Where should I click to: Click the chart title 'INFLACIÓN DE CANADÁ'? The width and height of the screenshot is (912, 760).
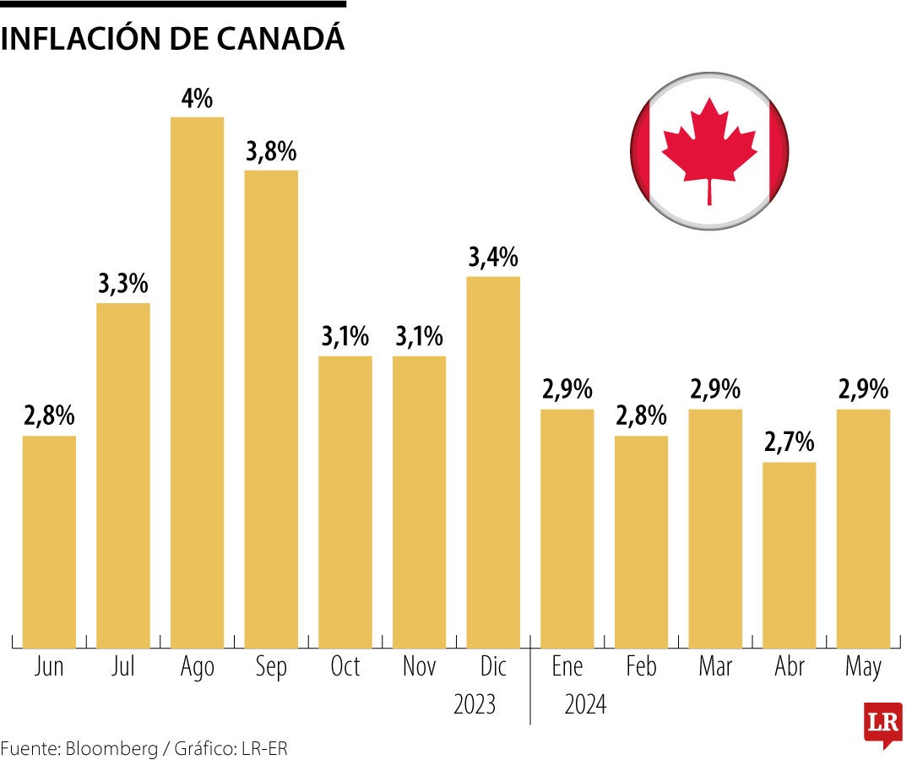(173, 38)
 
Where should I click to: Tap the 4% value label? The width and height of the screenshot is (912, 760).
(197, 99)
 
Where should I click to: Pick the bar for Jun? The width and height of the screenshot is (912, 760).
(49, 541)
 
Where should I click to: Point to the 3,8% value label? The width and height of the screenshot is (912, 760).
(271, 152)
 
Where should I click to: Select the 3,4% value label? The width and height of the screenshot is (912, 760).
(493, 258)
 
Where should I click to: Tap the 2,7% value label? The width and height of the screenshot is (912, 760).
(789, 442)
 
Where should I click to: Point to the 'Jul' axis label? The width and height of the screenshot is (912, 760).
(123, 667)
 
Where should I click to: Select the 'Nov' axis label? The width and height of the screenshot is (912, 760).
(419, 667)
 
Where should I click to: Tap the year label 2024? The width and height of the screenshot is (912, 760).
(585, 703)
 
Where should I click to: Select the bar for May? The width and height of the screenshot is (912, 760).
(863, 529)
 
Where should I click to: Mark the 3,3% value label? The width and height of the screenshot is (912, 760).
(123, 285)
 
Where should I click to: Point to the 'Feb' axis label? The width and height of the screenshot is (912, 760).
(641, 667)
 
